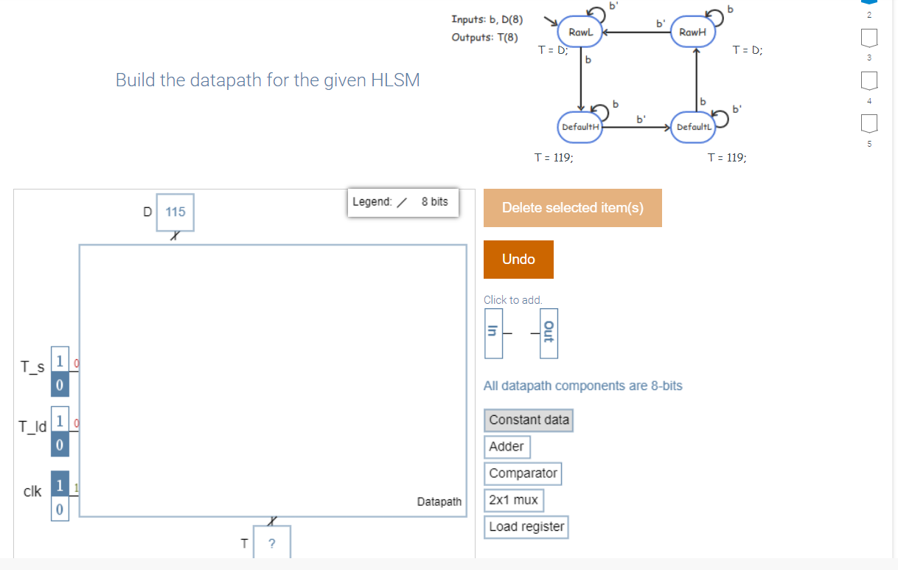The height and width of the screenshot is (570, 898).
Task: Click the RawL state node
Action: (x=581, y=32)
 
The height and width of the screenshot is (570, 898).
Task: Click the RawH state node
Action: (x=694, y=32)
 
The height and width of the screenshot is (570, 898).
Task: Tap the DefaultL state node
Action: (x=692, y=127)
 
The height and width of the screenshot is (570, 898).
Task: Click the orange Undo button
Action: (x=518, y=259)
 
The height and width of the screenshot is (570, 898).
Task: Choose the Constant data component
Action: (x=529, y=420)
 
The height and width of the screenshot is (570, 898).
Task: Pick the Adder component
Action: (x=507, y=446)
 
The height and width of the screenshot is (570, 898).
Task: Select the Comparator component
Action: (x=523, y=473)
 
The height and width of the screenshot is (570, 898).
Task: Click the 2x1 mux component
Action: (x=514, y=500)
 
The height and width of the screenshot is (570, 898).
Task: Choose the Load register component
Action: (x=526, y=526)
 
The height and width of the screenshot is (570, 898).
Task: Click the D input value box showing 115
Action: (x=175, y=212)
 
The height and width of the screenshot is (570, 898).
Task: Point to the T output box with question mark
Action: (x=272, y=543)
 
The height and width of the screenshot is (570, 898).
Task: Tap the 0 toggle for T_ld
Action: (x=60, y=445)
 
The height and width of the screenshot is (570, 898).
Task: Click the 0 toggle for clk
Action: (x=60, y=510)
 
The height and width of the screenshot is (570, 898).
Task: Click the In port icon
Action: (x=492, y=333)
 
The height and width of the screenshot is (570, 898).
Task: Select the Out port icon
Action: (x=547, y=333)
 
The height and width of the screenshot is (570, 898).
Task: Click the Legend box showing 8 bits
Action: (x=403, y=201)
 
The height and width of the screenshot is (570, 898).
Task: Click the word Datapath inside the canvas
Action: (x=439, y=501)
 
